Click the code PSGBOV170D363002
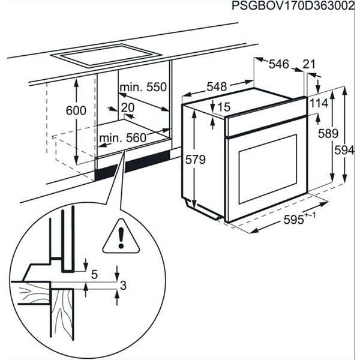pos(293,6)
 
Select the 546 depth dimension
pos(278,64)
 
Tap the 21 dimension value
pos(309,65)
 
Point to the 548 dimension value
pos(217,86)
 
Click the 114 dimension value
pos(319,103)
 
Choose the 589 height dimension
pos(328,133)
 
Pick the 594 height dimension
pos(344,151)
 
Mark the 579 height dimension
pos(196,160)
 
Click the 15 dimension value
pos(224,107)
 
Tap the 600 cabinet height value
pos(76,110)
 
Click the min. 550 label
pos(143,88)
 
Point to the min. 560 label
pos(123,138)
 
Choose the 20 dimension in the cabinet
pos(127,107)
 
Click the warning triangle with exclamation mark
pos(121,237)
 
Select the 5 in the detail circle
pos(94,275)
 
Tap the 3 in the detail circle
pos(123,286)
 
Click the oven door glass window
pos(268,169)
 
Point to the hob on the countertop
pos(106,56)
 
